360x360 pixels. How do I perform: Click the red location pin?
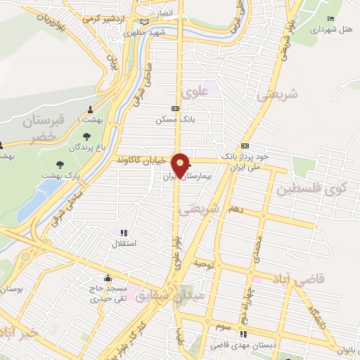[180, 165]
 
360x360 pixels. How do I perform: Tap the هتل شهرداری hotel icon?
[331, 19]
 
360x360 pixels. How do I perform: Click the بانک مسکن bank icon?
[174, 109]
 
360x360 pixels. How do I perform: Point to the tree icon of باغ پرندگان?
[86, 136]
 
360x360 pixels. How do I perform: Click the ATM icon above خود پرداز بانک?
[244, 146]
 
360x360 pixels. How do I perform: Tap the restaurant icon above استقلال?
[124, 233]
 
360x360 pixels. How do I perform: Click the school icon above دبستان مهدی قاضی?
[244, 334]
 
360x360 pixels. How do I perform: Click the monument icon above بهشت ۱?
[90, 110]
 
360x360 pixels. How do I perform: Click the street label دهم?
[237, 209]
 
